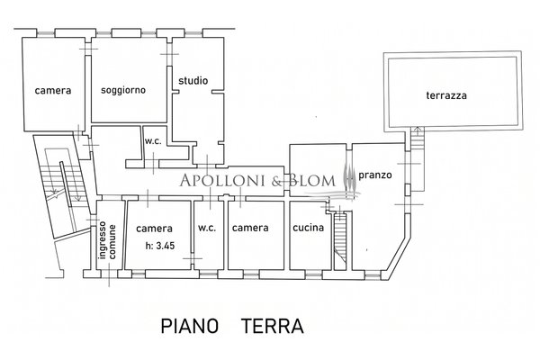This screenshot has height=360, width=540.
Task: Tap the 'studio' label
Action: (193, 81)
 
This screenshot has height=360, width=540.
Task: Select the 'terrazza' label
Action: (446, 96)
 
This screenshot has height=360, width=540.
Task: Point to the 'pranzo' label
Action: (373, 175)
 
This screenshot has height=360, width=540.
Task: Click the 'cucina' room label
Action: (308, 229)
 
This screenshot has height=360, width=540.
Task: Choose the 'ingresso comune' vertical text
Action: (107, 241)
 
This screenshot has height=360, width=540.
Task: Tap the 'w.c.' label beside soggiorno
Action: (153, 140)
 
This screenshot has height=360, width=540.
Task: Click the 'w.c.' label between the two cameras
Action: (207, 229)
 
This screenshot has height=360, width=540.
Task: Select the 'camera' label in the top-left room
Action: (53, 91)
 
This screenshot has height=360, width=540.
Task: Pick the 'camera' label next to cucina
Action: (250, 229)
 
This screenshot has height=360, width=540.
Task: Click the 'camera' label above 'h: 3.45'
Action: (153, 229)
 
